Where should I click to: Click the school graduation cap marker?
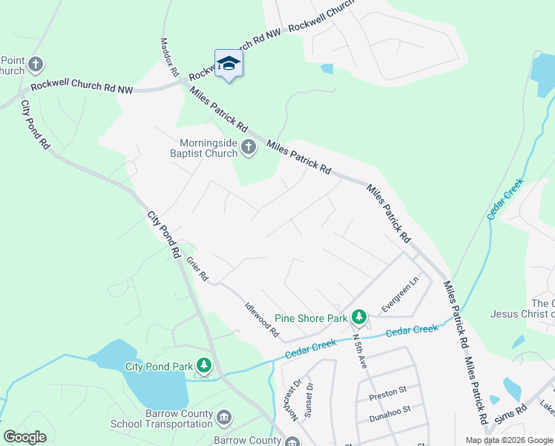tap(229, 63)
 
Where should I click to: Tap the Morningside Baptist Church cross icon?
tap(249, 149)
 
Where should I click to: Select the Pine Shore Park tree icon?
tap(359, 318)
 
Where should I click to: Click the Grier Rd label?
tap(197, 268)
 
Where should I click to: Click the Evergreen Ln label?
tap(401, 294)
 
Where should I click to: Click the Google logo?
tap(24, 437)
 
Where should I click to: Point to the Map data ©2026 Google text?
tap(508, 439)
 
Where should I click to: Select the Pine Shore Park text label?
tap(312, 318)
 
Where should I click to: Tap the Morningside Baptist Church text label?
tap(207, 149)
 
